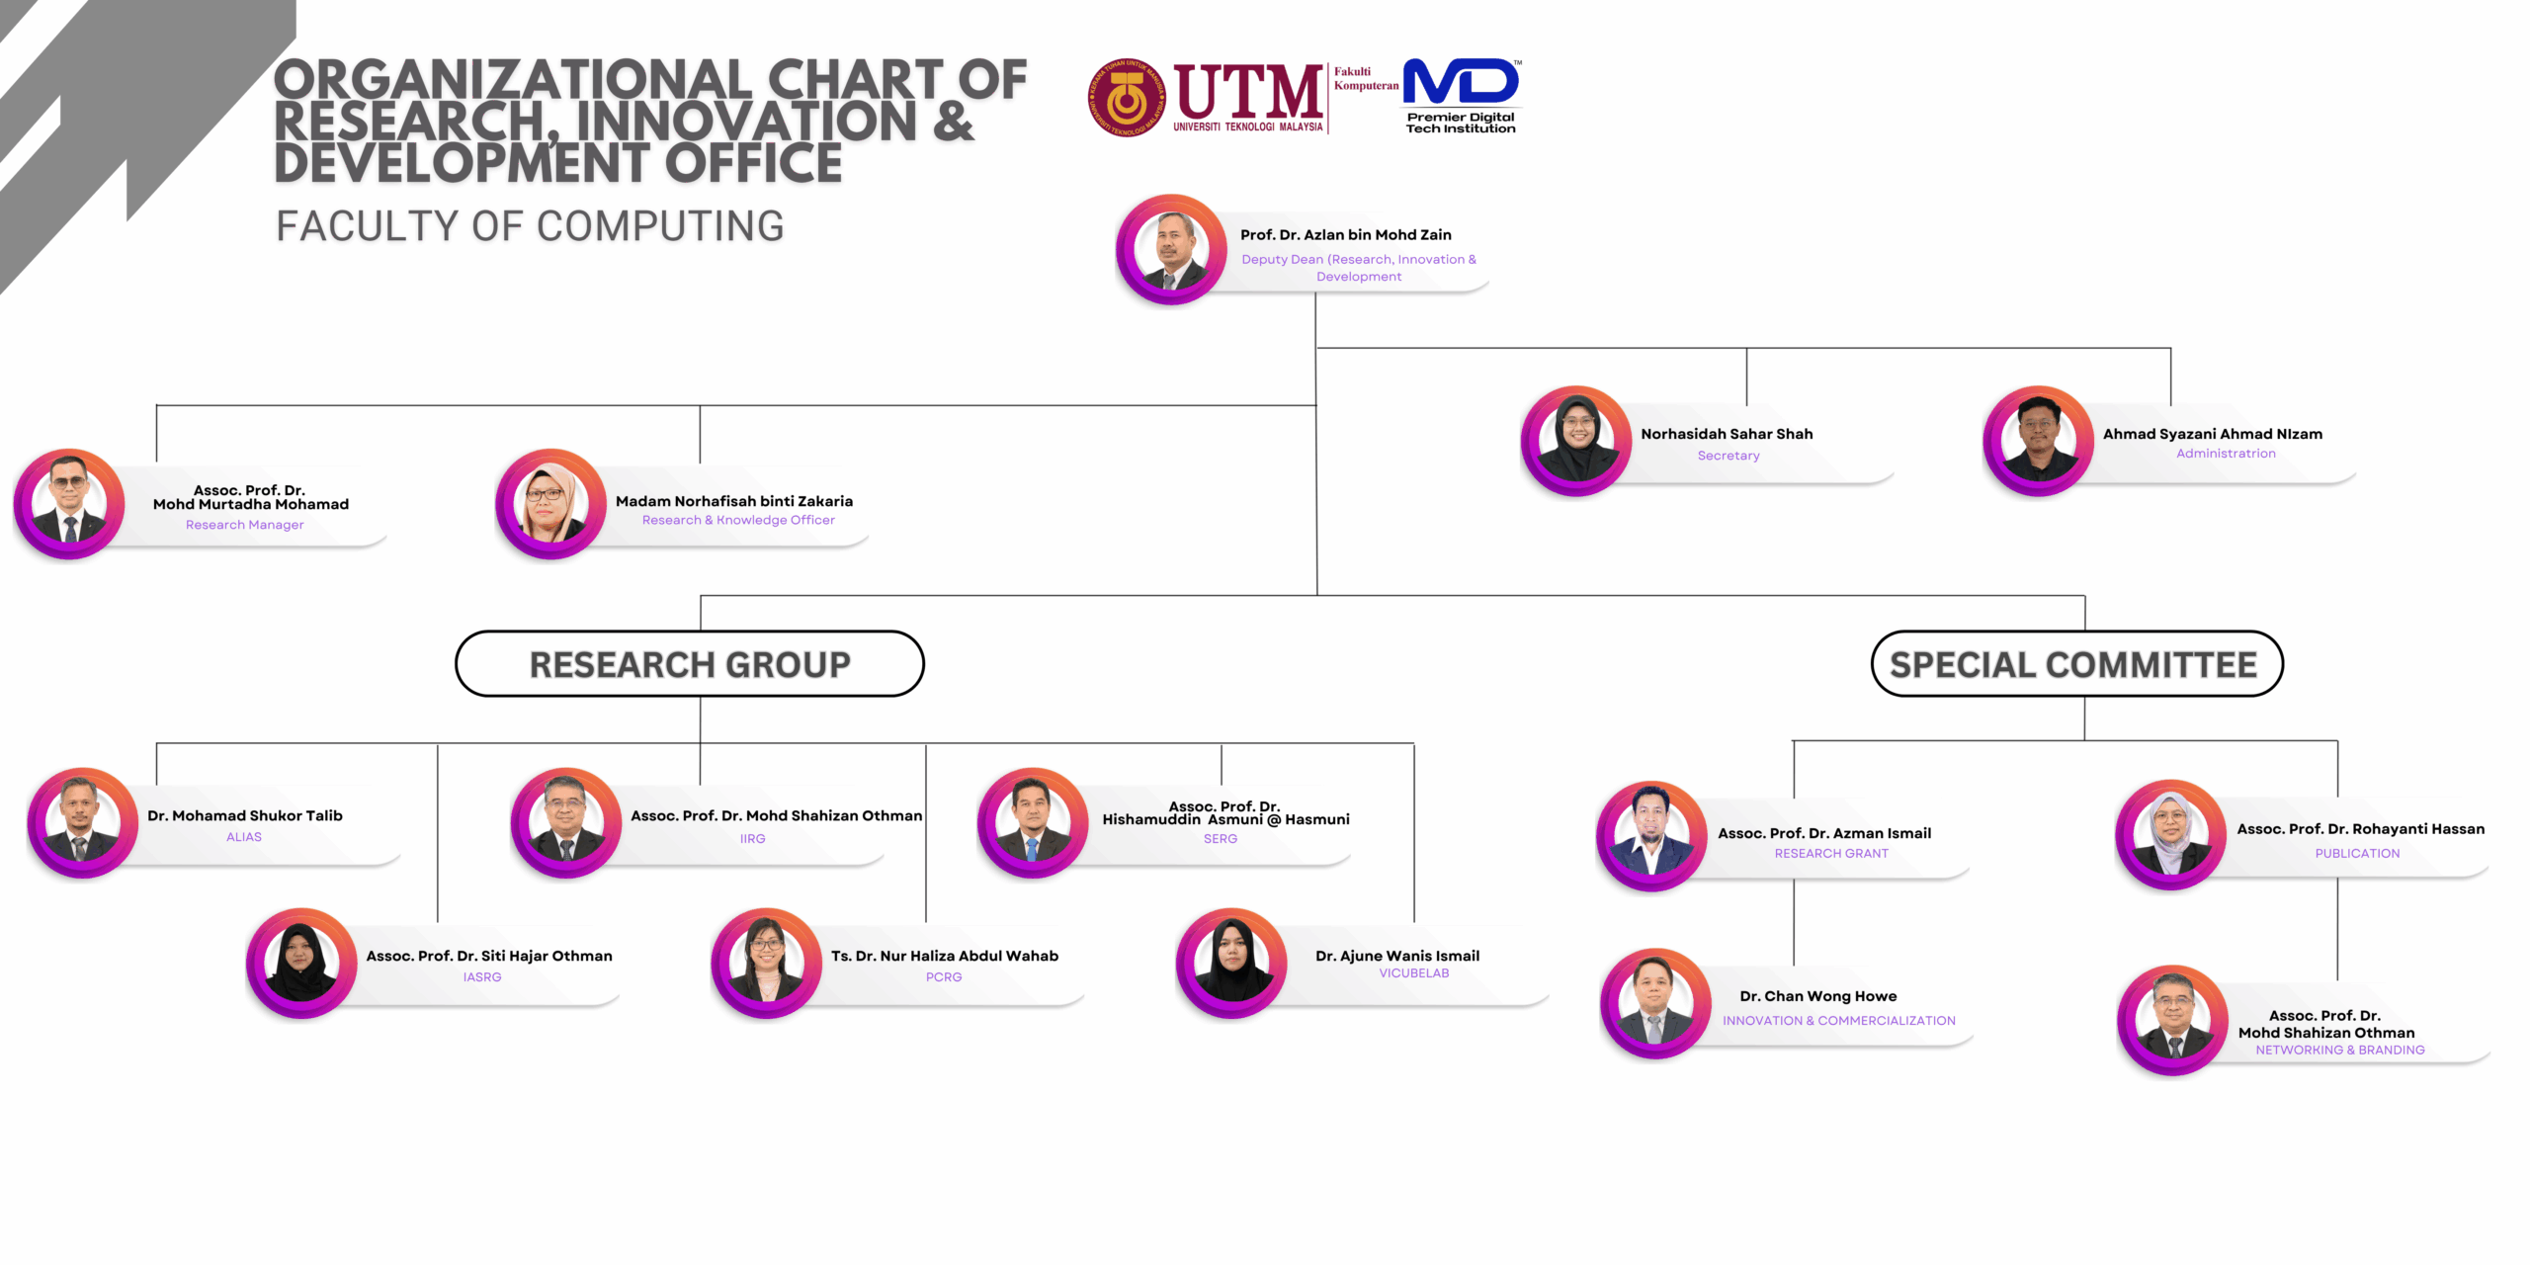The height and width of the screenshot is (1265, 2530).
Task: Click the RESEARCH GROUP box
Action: (690, 664)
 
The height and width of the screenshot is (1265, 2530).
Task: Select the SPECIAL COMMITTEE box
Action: (2075, 664)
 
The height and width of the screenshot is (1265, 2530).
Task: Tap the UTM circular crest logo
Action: (1126, 98)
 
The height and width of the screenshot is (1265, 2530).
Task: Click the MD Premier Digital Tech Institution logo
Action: (1461, 95)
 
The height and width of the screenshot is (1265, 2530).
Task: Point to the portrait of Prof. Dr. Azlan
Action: (1171, 249)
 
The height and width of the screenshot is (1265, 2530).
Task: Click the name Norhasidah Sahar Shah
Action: (1727, 434)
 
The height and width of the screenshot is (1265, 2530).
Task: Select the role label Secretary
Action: (1729, 456)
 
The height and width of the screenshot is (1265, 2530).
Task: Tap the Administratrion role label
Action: (2226, 454)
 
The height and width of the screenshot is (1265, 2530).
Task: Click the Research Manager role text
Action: (245, 525)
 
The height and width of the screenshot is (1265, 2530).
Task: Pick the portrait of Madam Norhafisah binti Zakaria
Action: (550, 503)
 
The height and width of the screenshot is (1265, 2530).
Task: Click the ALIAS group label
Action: (244, 837)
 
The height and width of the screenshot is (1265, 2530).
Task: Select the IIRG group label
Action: (752, 839)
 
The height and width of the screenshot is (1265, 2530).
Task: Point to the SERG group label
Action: (1221, 839)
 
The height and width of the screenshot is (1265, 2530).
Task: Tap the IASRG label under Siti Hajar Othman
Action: (482, 977)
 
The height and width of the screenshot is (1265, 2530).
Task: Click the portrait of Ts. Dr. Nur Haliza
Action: (766, 963)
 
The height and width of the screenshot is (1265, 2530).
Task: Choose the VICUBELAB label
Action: (1414, 973)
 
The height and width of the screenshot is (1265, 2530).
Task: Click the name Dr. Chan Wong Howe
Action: (1818, 996)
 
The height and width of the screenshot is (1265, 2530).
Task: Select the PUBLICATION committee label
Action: (2357, 854)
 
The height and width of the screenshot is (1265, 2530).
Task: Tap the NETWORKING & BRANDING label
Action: (2339, 1051)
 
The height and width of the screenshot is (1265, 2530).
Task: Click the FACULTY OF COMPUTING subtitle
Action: (530, 226)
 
